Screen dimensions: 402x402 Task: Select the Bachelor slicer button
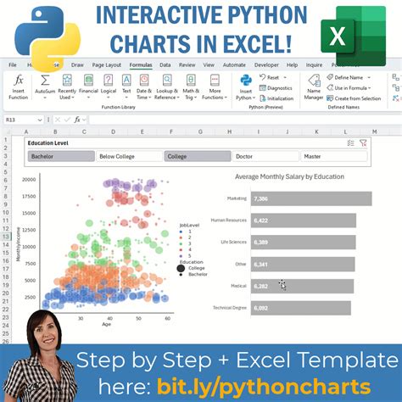click(x=59, y=156)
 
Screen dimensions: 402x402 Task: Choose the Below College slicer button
click(x=128, y=156)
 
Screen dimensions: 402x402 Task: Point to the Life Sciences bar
click(x=302, y=243)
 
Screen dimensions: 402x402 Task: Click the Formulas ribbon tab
click(x=141, y=64)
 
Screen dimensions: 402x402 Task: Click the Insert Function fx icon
click(x=19, y=81)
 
